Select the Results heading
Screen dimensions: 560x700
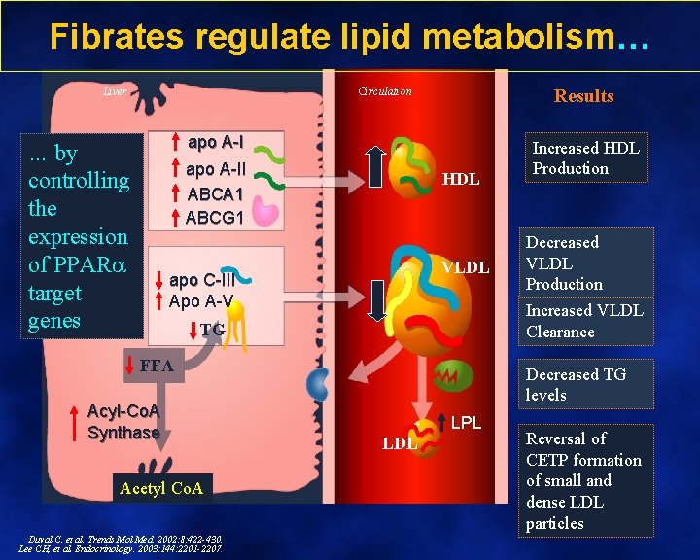click(583, 95)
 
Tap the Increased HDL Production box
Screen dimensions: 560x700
click(584, 158)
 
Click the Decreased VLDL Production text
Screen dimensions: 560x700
click(564, 262)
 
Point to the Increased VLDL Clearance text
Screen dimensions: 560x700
click(583, 321)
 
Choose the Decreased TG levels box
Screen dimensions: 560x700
click(576, 384)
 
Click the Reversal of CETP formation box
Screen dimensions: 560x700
click(583, 480)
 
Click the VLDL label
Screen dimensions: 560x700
click(466, 267)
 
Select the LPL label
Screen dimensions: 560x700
click(466, 424)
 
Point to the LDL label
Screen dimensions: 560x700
click(399, 443)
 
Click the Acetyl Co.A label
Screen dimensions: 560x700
click(160, 488)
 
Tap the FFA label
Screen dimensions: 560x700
click(157, 367)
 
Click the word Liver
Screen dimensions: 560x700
click(115, 91)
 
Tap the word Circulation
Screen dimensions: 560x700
click(385, 91)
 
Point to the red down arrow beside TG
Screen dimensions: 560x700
click(193, 331)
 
